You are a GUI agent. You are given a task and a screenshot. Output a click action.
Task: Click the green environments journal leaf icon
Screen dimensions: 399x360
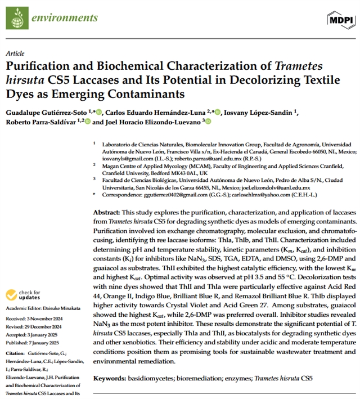16,17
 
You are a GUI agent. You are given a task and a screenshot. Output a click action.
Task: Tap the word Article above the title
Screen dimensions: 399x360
15,53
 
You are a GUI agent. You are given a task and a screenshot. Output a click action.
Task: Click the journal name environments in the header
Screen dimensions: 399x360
57,17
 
